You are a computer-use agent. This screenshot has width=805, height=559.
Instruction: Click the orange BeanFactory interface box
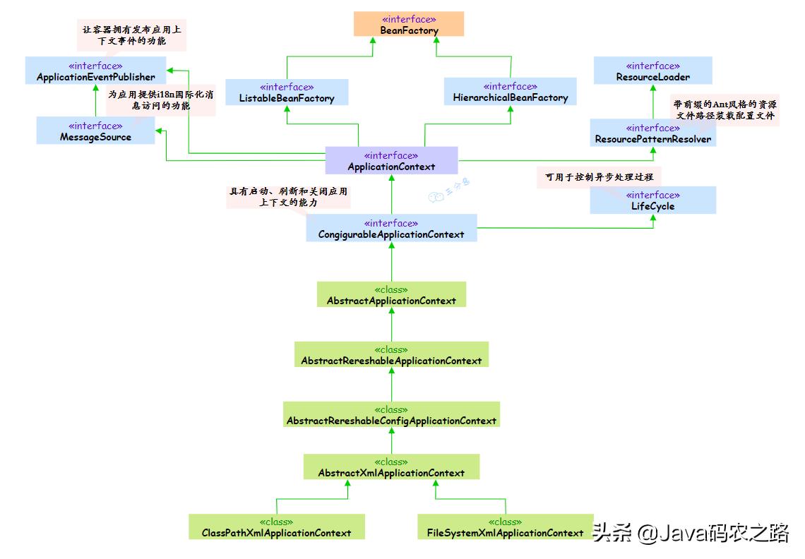[x=409, y=25]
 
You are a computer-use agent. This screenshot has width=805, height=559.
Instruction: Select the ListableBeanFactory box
[x=287, y=92]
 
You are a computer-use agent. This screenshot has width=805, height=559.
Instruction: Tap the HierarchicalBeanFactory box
[x=510, y=92]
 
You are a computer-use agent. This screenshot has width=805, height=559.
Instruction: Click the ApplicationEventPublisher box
[x=95, y=71]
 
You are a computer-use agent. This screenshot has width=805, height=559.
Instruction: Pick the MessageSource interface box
[x=95, y=131]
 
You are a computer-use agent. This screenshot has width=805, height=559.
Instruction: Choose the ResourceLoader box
[x=652, y=71]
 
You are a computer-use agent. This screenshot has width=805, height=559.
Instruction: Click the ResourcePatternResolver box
[x=652, y=133]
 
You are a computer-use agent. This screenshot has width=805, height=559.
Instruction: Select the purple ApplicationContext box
[x=391, y=161]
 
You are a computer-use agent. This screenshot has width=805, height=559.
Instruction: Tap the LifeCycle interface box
[x=652, y=200]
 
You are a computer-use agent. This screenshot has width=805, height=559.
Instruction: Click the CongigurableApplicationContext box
[x=391, y=228]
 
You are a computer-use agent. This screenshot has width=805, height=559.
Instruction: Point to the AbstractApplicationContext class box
[x=391, y=294]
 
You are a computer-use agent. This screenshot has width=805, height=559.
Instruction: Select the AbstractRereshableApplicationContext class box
[x=391, y=354]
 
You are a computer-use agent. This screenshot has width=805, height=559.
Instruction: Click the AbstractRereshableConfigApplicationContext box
[x=391, y=414]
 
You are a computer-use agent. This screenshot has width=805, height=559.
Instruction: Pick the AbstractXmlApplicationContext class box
[x=391, y=467]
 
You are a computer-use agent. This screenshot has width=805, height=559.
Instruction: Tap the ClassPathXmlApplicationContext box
[x=276, y=527]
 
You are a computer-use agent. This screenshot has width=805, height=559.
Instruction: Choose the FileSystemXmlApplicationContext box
[x=505, y=527]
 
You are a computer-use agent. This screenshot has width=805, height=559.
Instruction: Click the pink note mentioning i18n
[x=151, y=100]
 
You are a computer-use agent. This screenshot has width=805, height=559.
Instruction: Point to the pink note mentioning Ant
[x=724, y=109]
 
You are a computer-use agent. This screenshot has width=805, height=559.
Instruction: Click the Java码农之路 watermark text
[x=713, y=533]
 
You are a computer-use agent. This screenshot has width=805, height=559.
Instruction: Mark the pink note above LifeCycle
[x=599, y=178]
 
